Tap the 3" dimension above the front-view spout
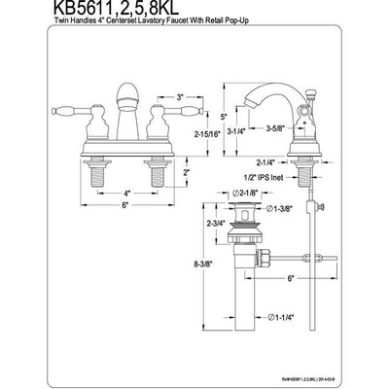[x=153, y=96]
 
